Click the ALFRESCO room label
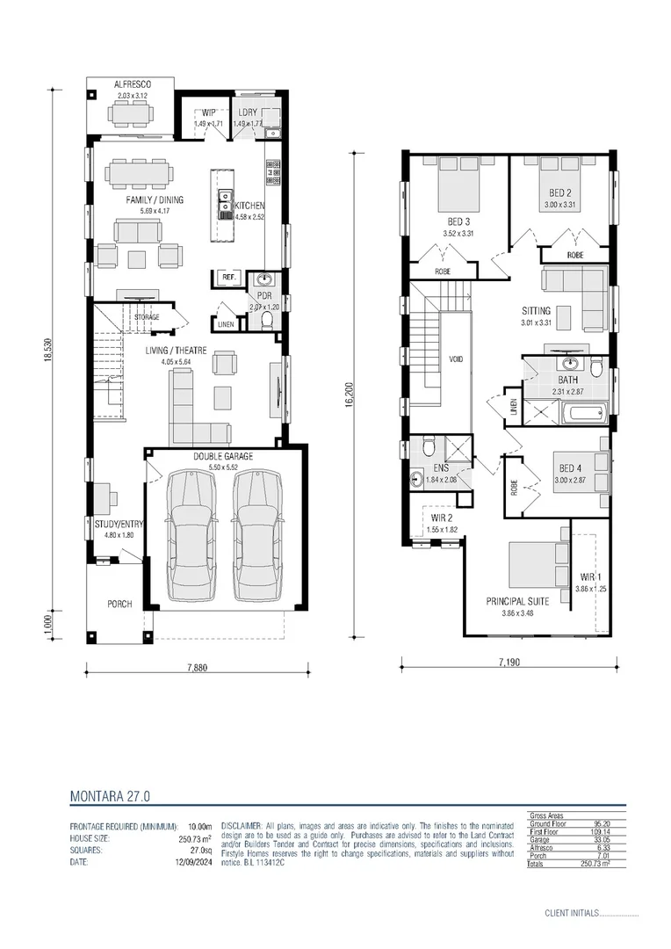[x=132, y=85]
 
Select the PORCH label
[x=119, y=603]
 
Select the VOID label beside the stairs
[x=456, y=359]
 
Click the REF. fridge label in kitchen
[x=229, y=277]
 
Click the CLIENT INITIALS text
[x=571, y=913]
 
